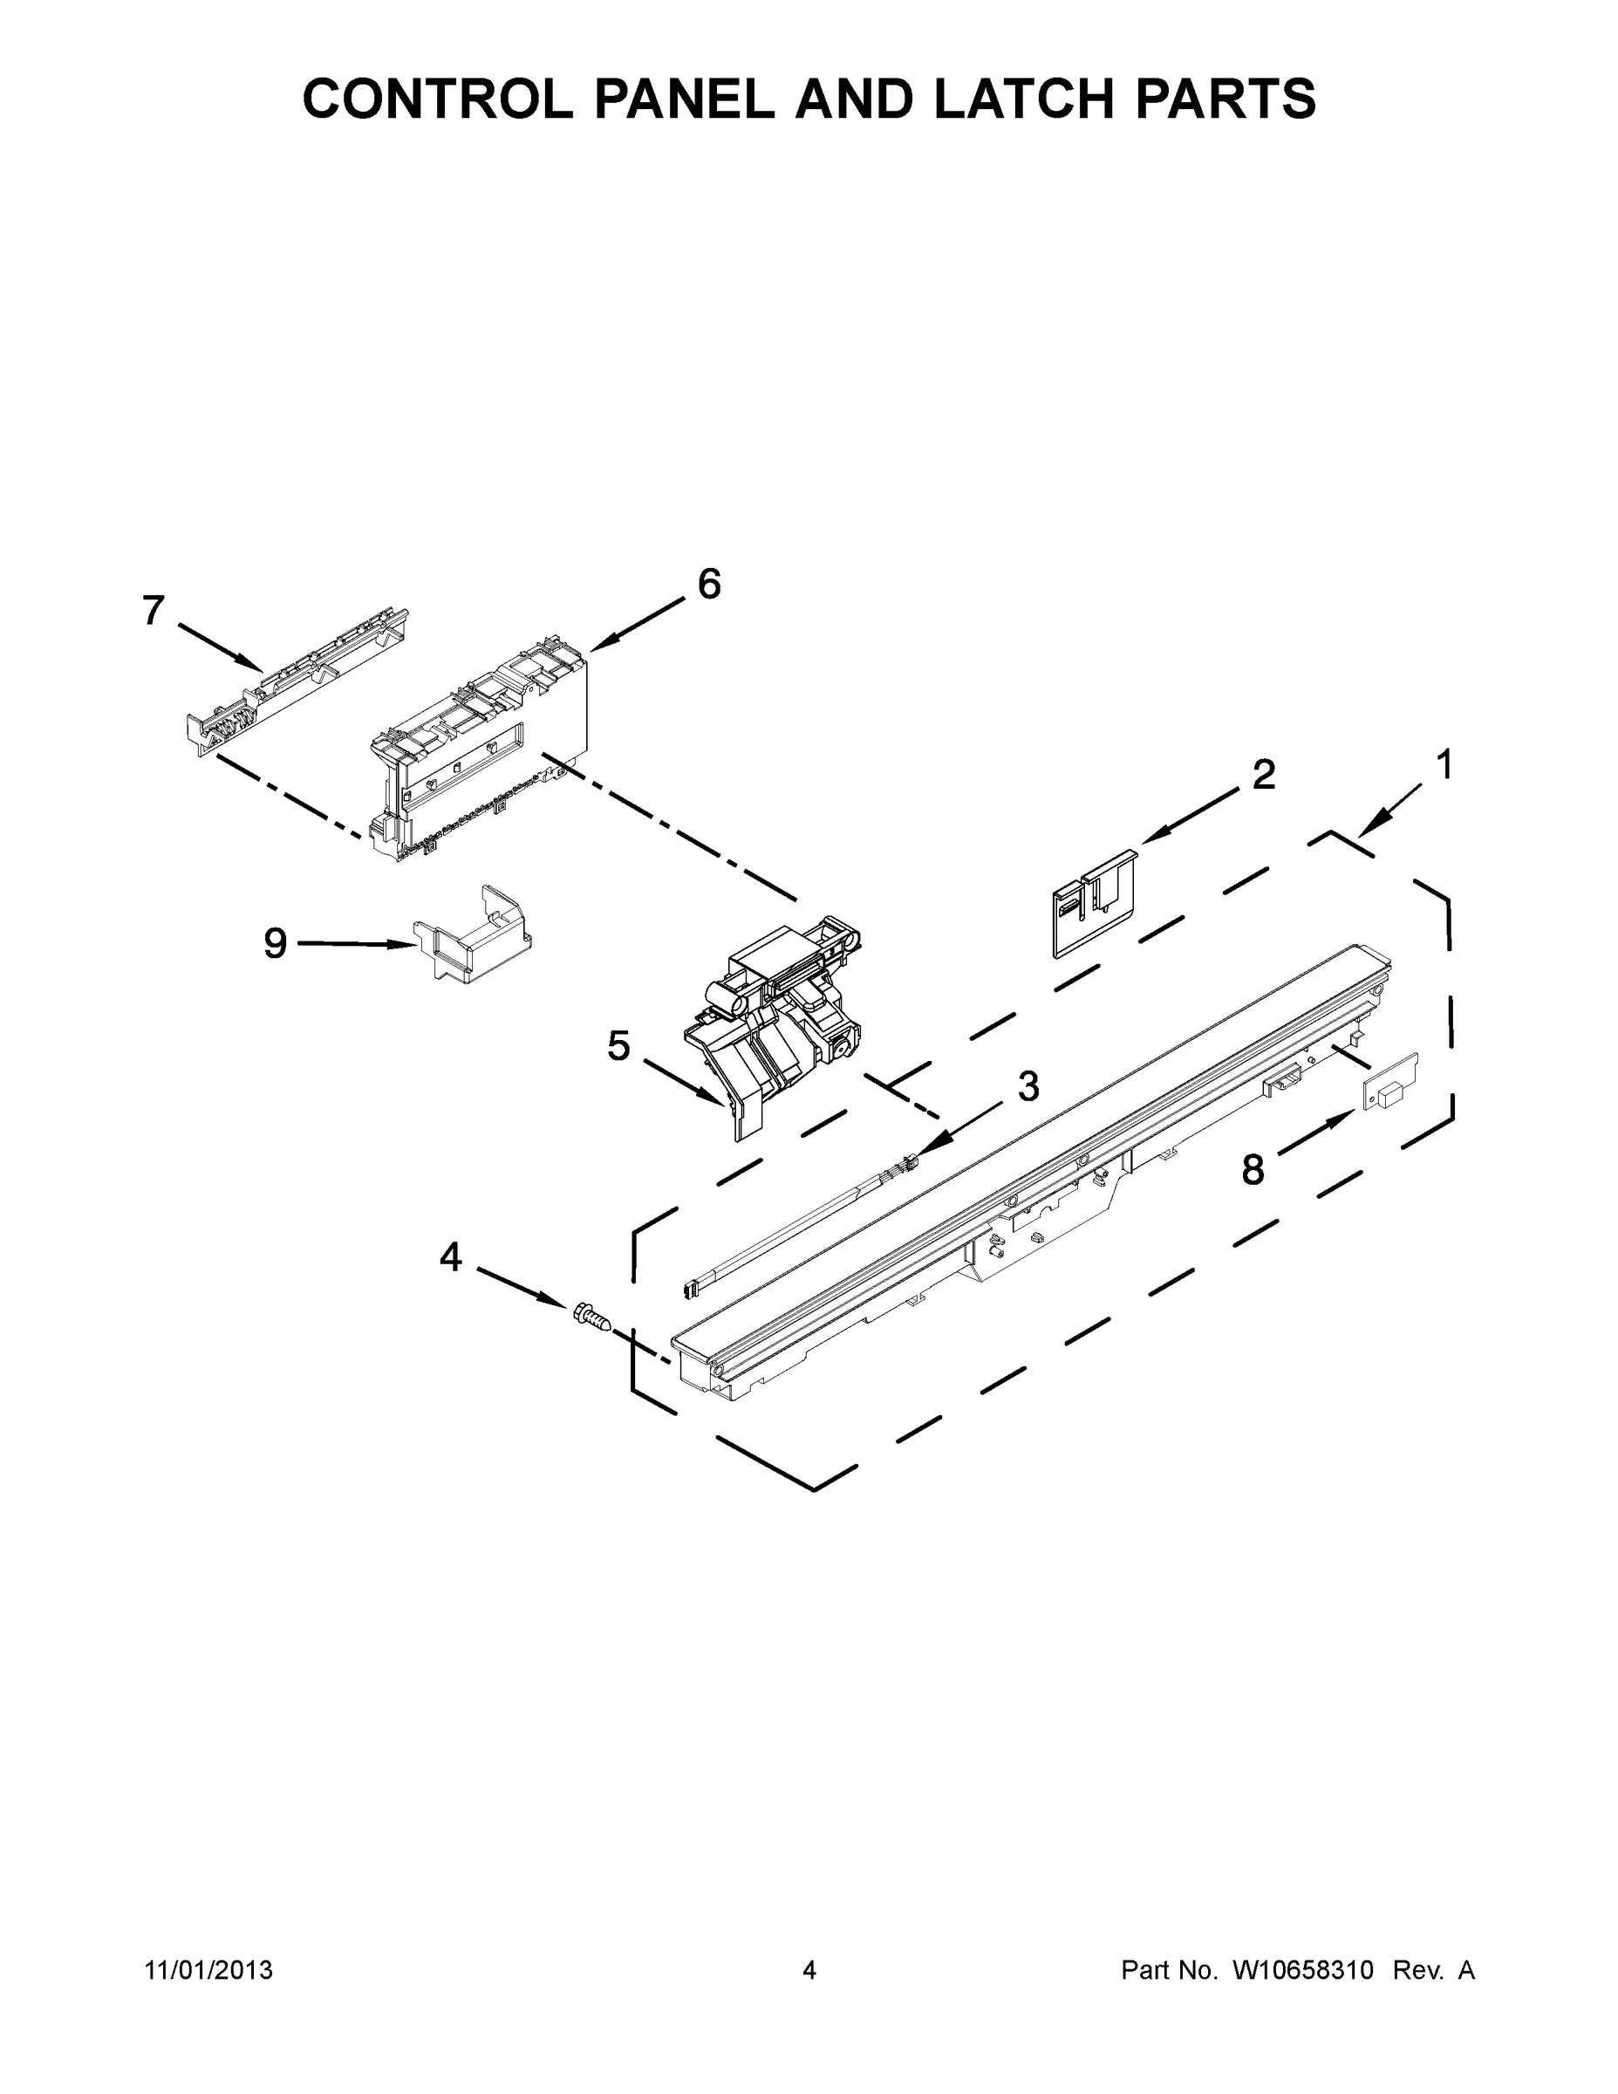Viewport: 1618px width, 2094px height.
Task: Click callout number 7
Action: pos(154,611)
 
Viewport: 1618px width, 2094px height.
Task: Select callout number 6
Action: pos(708,584)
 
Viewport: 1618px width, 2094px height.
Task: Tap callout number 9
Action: pos(275,943)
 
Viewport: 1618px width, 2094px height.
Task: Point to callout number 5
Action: pos(619,1046)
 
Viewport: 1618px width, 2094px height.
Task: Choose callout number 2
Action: pos(1263,774)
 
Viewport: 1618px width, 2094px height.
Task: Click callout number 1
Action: pos(1443,765)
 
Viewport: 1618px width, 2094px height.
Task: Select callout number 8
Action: pos(1253,1170)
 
